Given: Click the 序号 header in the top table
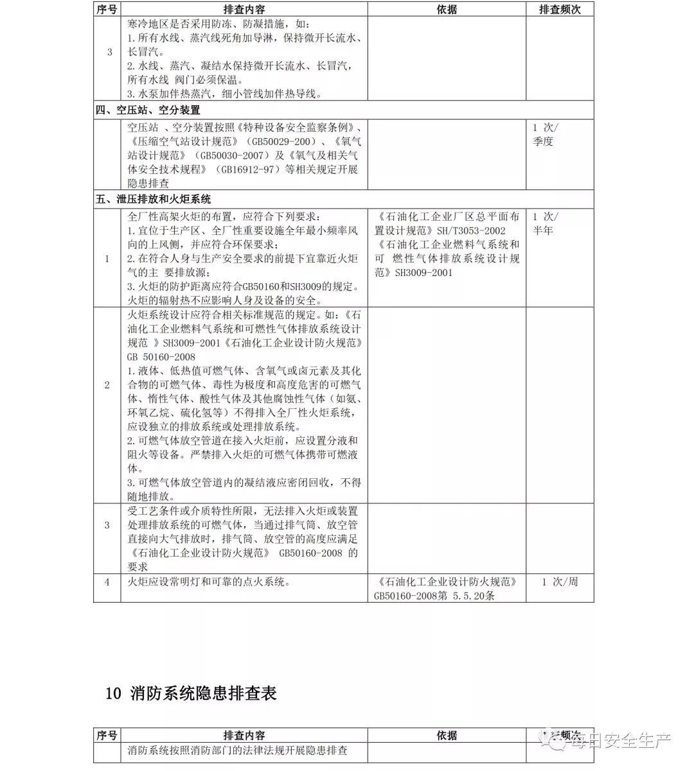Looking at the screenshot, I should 107,9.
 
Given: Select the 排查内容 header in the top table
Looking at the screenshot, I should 244,9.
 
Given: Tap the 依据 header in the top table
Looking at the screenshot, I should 447,9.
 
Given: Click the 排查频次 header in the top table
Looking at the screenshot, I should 560,9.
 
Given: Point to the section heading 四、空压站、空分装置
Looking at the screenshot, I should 148,110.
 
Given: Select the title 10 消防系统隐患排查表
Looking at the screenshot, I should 191,693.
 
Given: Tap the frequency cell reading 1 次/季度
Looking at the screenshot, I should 545,134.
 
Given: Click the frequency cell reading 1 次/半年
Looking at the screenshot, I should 545,223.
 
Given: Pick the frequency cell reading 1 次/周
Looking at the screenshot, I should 560,582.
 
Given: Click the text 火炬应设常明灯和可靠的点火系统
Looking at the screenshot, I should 209,582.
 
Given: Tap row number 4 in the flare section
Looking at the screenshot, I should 107,582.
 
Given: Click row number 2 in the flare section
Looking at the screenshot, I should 107,385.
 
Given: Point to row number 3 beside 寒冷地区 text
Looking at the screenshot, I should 109,52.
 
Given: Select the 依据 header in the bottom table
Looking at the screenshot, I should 447,736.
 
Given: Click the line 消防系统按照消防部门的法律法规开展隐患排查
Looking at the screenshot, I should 237,750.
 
